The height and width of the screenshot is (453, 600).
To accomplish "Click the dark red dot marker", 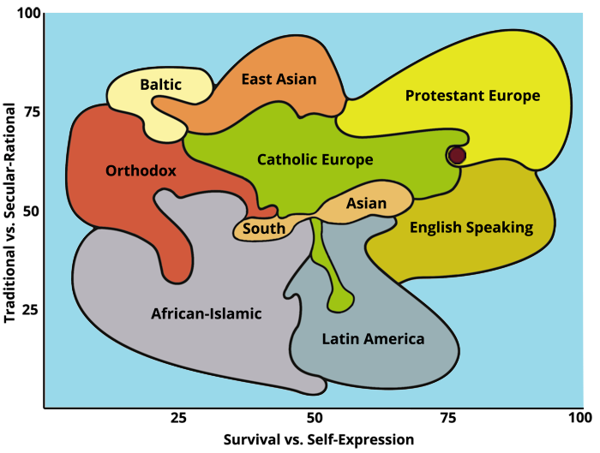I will pyautogui.click(x=457, y=155).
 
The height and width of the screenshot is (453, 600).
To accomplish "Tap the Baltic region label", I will pyautogui.click(x=160, y=85).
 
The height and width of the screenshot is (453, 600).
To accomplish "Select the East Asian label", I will pyautogui.click(x=279, y=79).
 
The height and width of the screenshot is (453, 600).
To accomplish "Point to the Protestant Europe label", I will pyautogui.click(x=472, y=95).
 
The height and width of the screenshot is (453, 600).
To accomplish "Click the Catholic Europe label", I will pyautogui.click(x=315, y=159).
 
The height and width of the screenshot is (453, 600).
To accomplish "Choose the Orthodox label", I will pyautogui.click(x=141, y=170).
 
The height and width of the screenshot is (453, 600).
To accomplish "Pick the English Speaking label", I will pyautogui.click(x=471, y=227).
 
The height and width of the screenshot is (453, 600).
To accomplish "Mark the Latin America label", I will pyautogui.click(x=373, y=339).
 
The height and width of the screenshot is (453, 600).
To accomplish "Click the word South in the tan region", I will pyautogui.click(x=264, y=229).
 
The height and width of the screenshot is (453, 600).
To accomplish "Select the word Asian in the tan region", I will pyautogui.click(x=367, y=204).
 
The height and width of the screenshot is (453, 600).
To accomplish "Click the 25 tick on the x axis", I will pyautogui.click(x=178, y=418).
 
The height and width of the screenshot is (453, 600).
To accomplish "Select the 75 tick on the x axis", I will pyautogui.click(x=447, y=418).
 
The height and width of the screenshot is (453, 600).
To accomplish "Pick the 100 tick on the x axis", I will pyautogui.click(x=580, y=418).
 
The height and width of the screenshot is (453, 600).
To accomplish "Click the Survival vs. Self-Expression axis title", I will pyautogui.click(x=318, y=439).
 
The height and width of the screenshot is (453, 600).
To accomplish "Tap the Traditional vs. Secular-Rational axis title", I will pyautogui.click(x=10, y=211).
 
